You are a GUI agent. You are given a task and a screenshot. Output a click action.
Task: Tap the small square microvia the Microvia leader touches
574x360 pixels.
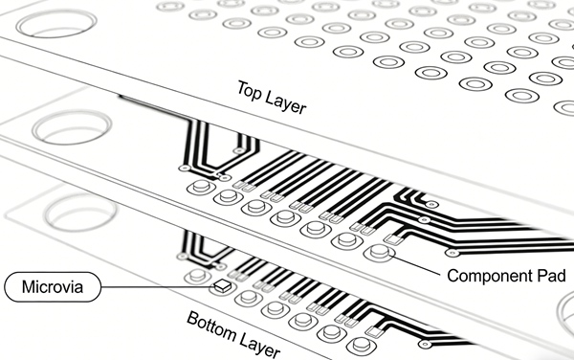point(223,285)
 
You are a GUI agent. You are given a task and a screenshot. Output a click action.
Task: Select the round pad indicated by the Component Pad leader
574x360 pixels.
point(379,253)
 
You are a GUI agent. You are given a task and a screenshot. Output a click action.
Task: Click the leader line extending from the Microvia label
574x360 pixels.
point(153,286)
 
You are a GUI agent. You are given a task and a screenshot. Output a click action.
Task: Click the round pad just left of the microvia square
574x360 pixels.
point(198,277)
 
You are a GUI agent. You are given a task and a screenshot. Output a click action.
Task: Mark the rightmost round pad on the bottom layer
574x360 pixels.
point(359,342)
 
